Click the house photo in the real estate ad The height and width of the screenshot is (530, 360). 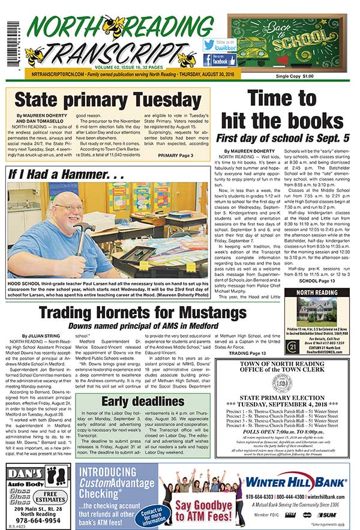pos(322,312)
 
